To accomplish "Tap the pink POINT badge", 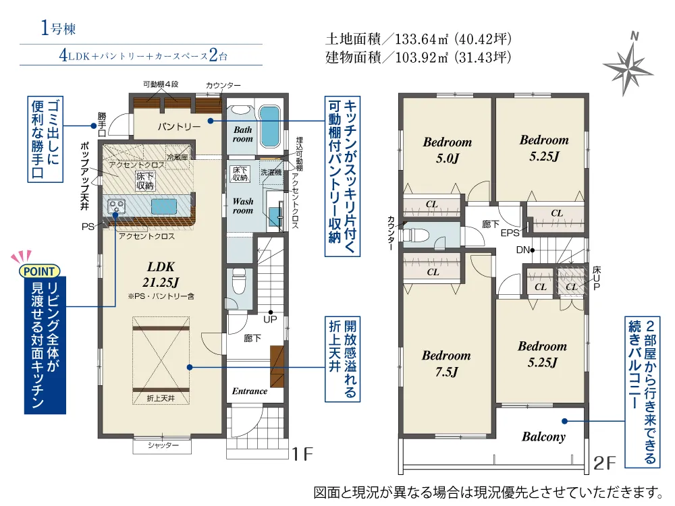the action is [39, 271].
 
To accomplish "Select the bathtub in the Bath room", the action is [270, 126].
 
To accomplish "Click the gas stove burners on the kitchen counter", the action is [116, 206].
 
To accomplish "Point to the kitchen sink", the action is [164, 206].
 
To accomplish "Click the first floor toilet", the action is [238, 282].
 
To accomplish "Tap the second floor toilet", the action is [414, 235].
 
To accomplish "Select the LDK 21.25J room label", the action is [161, 275].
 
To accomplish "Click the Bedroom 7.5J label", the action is [446, 363].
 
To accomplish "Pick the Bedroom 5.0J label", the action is [448, 150].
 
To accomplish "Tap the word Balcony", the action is [543, 437].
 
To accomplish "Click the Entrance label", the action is [250, 391].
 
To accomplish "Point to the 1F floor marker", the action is [302, 454].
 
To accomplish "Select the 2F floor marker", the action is [604, 463].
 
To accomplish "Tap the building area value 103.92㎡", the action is [422, 57].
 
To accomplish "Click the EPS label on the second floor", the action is [510, 233].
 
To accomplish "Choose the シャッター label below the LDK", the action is [162, 445].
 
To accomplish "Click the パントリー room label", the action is [179, 127].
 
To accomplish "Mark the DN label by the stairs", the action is [522, 250].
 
